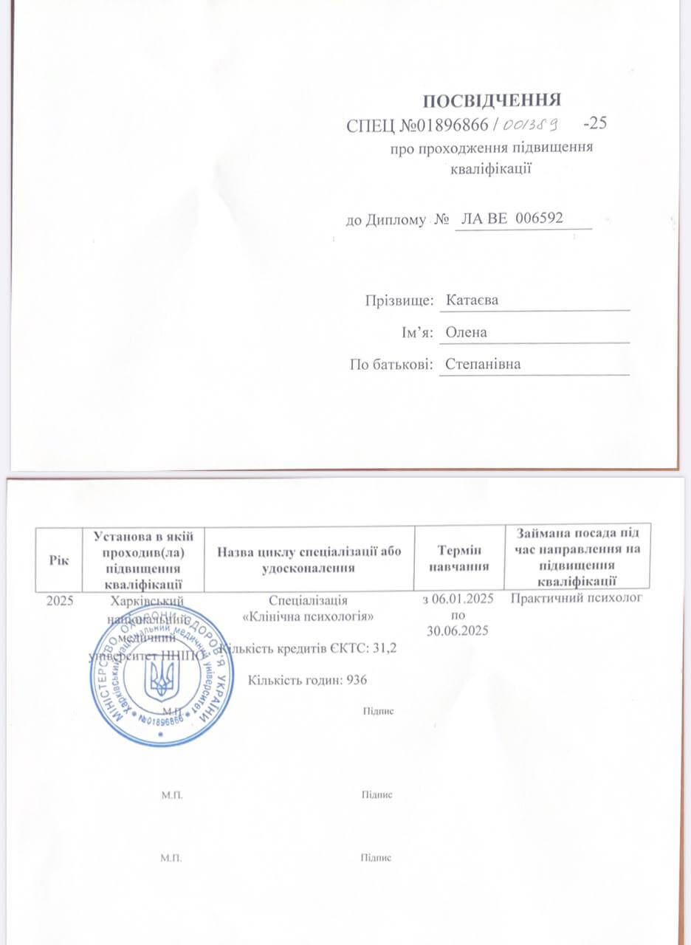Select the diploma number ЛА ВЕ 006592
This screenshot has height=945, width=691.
(512, 219)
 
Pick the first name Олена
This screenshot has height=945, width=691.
(467, 331)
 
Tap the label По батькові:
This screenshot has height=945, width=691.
(391, 363)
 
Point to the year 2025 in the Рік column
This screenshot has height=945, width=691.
(60, 600)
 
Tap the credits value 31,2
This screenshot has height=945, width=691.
(372, 647)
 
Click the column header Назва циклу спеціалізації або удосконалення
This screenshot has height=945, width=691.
(309, 559)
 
